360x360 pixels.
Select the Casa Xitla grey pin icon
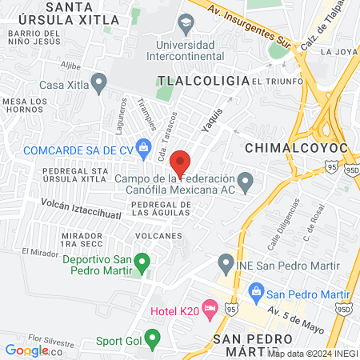pyautogui.click(x=98, y=81)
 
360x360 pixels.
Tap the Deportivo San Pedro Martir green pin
pyautogui.click(x=142, y=261)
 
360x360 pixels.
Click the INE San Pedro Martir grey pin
pyautogui.click(x=226, y=262)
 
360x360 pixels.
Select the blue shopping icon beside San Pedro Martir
pyautogui.click(x=256, y=290)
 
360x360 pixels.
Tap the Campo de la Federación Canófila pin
pyautogui.click(x=246, y=183)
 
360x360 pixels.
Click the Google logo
pyautogui.click(x=26, y=350)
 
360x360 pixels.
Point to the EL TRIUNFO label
pyautogui.click(x=277, y=82)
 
